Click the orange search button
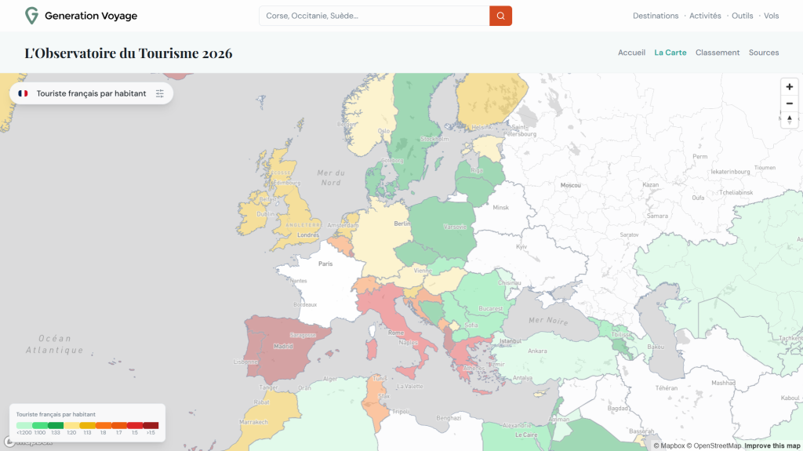[x=500, y=16]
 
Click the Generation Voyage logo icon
[x=31, y=16]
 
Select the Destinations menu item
[x=656, y=16]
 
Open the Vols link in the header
[x=771, y=16]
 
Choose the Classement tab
[x=718, y=53]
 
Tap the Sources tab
[x=764, y=53]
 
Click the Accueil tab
[x=631, y=53]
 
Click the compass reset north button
[x=790, y=119]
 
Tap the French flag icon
[x=23, y=93]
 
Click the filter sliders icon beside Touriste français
[x=160, y=93]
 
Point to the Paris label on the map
[x=325, y=264]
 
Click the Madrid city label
[x=283, y=346]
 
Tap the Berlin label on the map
[x=402, y=224]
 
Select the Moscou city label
[x=570, y=185]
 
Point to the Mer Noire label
[x=547, y=320]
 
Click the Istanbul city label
[x=511, y=341]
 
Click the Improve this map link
[x=772, y=446]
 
